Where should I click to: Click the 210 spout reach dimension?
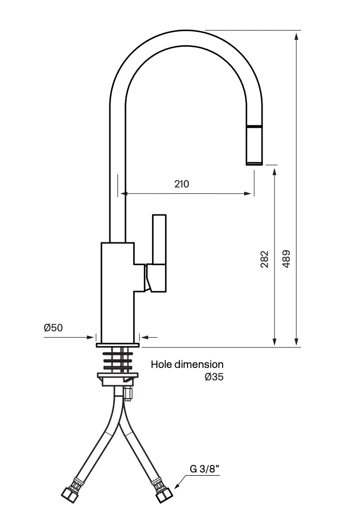click(x=182, y=184)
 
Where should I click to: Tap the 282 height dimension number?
click(x=265, y=259)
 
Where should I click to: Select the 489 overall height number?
click(x=286, y=259)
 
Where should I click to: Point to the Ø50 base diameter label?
click(x=53, y=328)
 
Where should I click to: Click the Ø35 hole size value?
click(x=214, y=377)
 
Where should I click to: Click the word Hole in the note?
click(x=161, y=364)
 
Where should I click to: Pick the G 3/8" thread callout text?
click(x=204, y=469)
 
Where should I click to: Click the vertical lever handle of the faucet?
click(x=160, y=239)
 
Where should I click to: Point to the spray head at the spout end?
click(x=254, y=145)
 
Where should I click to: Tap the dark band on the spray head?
click(x=254, y=127)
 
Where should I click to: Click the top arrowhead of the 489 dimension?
click(x=296, y=36)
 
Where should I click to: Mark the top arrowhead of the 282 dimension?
click(x=275, y=172)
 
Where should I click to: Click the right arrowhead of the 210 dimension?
click(x=248, y=193)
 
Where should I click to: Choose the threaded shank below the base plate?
click(x=118, y=360)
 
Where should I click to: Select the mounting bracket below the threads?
click(x=118, y=379)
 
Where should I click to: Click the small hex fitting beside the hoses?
click(x=128, y=393)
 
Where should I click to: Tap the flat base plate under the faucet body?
click(x=118, y=345)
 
